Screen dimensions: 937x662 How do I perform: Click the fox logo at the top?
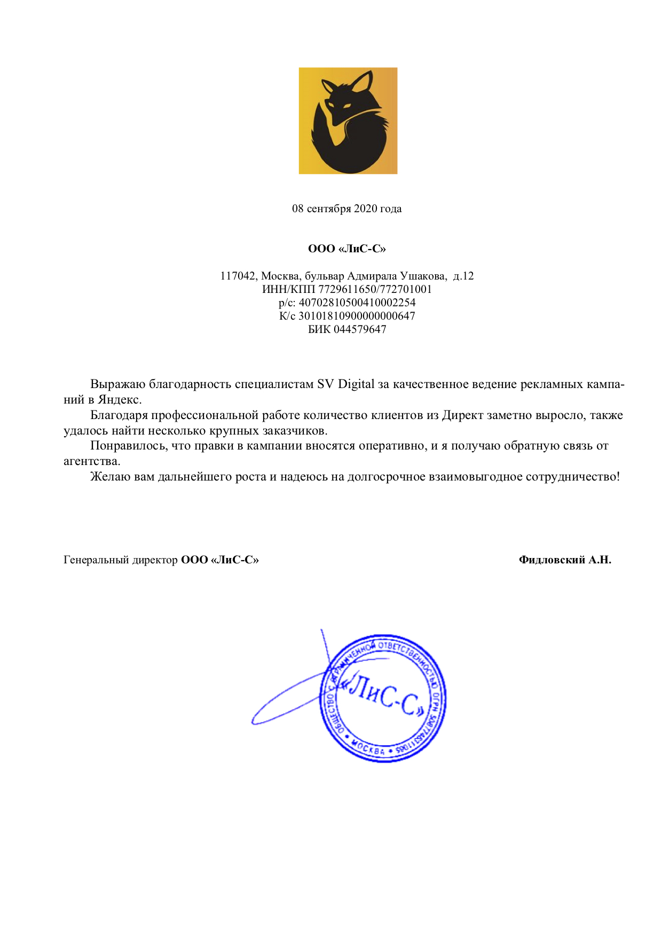click(x=348, y=121)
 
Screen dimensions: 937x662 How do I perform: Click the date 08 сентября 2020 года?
click(x=346, y=208)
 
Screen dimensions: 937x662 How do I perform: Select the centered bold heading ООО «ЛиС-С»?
click(x=347, y=249)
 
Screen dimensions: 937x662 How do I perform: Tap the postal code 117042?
click(x=238, y=276)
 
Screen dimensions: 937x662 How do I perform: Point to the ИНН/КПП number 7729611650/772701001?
click(x=375, y=289)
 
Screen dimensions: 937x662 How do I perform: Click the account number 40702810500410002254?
click(x=357, y=303)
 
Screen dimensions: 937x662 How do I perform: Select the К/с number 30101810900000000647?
click(x=356, y=316)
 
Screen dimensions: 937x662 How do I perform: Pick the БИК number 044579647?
click(x=359, y=329)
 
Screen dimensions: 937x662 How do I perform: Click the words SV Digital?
click(x=345, y=384)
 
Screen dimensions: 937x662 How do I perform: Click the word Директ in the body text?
click(x=462, y=415)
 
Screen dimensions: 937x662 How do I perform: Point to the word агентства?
click(x=92, y=461)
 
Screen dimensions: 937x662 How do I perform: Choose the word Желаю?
click(x=110, y=476)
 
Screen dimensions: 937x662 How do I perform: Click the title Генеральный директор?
click(x=120, y=560)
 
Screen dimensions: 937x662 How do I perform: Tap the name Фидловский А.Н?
click(x=565, y=560)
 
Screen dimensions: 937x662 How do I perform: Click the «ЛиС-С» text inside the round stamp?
click(x=384, y=696)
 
